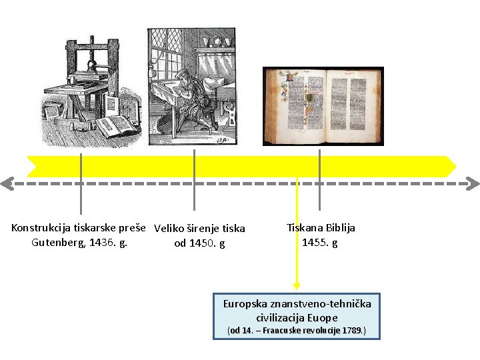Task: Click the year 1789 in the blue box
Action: [x=351, y=331]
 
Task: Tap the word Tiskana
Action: [x=305, y=227]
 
